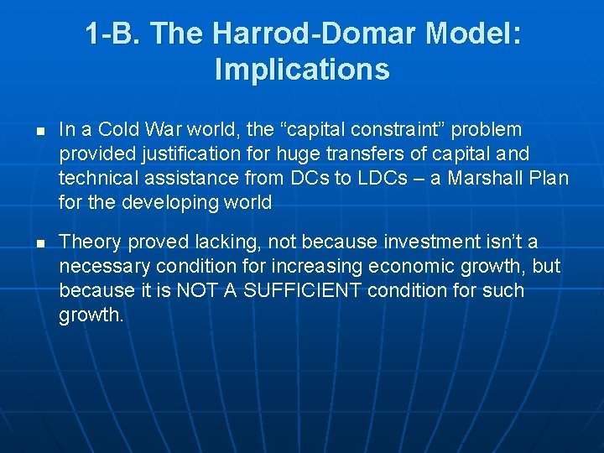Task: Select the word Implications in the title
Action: tap(302, 69)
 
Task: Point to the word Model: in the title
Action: tap(472, 34)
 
